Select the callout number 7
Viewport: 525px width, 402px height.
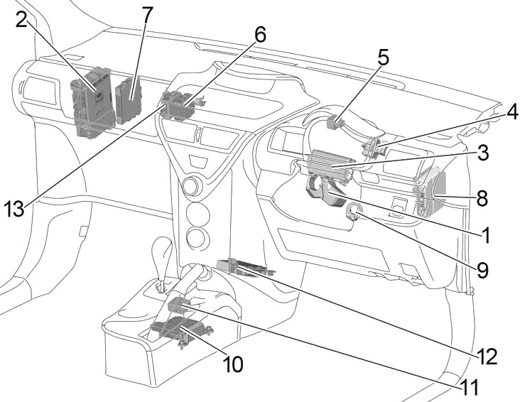tap(146, 14)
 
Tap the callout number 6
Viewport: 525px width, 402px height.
tap(259, 35)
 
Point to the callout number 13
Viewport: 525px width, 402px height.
tap(14, 209)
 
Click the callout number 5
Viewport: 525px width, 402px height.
tap(383, 58)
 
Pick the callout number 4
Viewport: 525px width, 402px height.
tap(512, 112)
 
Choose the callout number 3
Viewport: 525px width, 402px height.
tap(482, 152)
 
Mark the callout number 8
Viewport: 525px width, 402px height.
tap(482, 198)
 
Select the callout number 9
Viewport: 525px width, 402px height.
tap(482, 270)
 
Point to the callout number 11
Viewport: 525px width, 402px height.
tap(469, 388)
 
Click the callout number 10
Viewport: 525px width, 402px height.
tap(233, 364)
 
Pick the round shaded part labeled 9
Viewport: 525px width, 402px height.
tap(353, 211)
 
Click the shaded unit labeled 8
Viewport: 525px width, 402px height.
tap(431, 192)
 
